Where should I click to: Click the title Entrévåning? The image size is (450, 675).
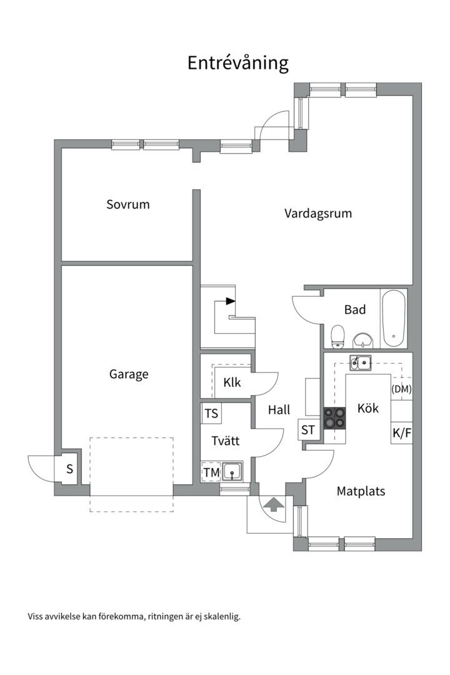click(x=237, y=63)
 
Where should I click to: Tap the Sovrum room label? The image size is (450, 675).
click(x=128, y=204)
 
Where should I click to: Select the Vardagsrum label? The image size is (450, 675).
click(x=317, y=214)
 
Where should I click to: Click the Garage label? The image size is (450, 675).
click(x=129, y=374)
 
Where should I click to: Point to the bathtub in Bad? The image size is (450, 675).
click(x=394, y=318)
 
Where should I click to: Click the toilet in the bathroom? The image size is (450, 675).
click(x=337, y=336)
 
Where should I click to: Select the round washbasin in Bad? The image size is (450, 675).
click(x=364, y=341)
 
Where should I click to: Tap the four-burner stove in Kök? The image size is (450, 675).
click(x=334, y=418)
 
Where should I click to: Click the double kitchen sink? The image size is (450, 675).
click(x=361, y=362)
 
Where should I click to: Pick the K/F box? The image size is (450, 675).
click(x=402, y=432)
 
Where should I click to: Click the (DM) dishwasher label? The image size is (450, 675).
click(x=401, y=389)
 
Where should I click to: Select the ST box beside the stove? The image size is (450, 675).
click(x=309, y=429)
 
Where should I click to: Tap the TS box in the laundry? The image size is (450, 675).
click(x=211, y=414)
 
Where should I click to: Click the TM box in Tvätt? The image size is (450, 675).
click(x=211, y=472)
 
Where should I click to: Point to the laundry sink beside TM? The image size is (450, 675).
click(x=232, y=472)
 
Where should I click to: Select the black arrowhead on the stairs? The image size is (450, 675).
click(x=231, y=301)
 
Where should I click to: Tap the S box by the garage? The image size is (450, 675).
click(x=69, y=469)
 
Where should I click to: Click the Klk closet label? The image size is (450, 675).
click(x=232, y=382)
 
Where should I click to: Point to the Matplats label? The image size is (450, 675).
click(x=361, y=491)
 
